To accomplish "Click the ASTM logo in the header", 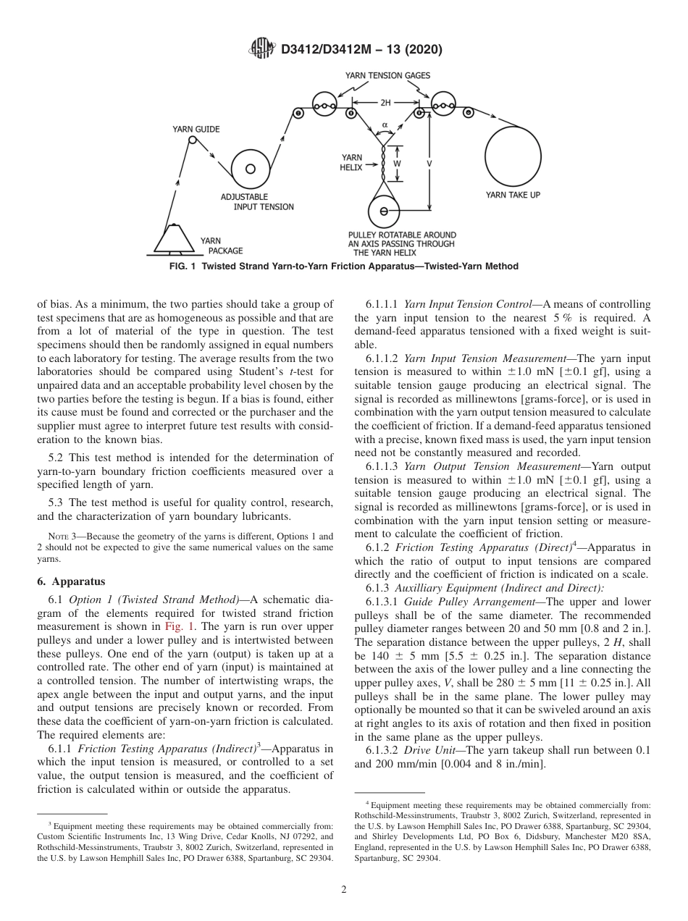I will click(x=262, y=49).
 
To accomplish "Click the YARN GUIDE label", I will click(x=196, y=129).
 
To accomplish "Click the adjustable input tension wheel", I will click(x=250, y=169).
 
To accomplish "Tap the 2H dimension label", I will click(x=385, y=103).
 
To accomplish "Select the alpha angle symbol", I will click(x=385, y=125).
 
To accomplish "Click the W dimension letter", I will click(x=397, y=164).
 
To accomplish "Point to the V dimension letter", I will click(x=430, y=164).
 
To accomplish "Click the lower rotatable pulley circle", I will click(x=384, y=212).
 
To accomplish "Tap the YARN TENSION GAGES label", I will click(x=387, y=75).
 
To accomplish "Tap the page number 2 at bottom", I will click(x=344, y=890).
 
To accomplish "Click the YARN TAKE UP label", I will click(x=512, y=195).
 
